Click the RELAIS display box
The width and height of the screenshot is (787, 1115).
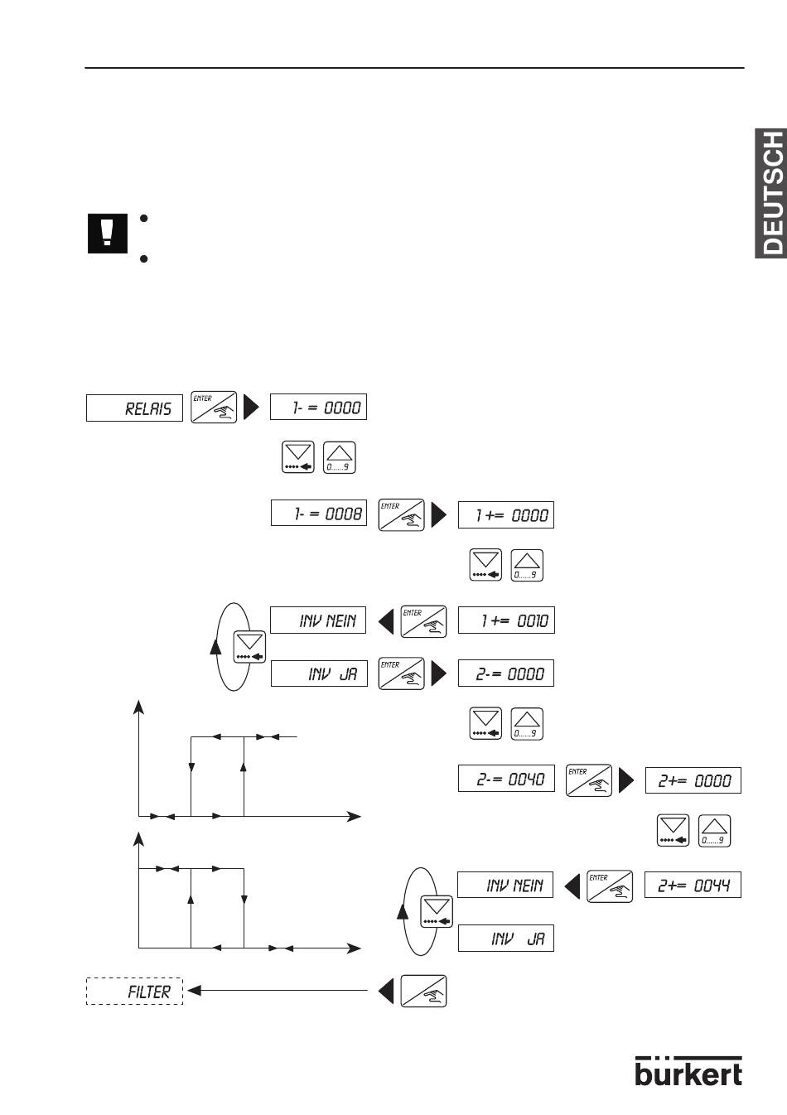pos(134,408)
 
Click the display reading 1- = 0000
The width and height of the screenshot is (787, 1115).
pos(318,407)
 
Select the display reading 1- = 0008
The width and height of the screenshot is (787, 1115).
pos(319,514)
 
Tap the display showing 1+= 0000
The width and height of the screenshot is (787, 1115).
pos(506,514)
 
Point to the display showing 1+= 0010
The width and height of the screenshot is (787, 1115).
pos(506,620)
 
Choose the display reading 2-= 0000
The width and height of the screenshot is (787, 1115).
pos(506,673)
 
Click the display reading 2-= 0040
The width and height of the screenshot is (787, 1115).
pos(506,779)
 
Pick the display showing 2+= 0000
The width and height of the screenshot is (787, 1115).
pos(693,780)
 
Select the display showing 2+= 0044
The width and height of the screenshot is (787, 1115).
pos(693,885)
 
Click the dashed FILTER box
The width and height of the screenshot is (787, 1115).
pos(134,992)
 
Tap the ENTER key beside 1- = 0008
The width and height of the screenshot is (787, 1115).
pos(401,514)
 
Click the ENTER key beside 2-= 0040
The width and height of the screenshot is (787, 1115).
pos(588,780)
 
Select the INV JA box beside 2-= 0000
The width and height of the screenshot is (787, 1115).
pos(319,673)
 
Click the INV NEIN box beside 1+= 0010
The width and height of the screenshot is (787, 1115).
pos(319,620)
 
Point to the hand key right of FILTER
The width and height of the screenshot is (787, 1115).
pos(423,991)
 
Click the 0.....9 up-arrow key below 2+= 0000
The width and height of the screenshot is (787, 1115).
pos(714,831)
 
